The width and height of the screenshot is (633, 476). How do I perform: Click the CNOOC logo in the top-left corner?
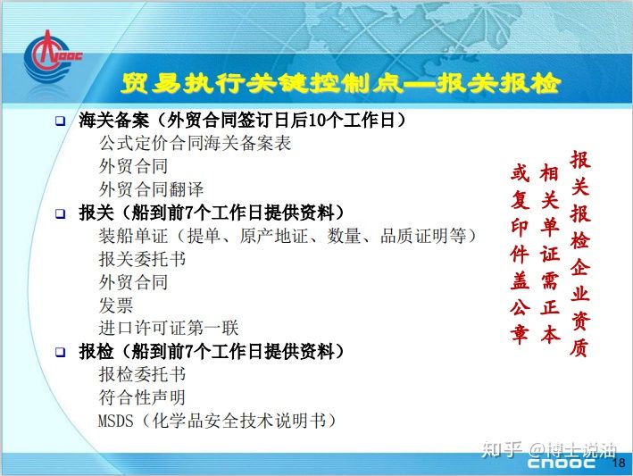(52, 56)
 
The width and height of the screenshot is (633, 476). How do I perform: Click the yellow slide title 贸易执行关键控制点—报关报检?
(341, 84)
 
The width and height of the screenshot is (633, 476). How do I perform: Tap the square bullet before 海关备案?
(60, 121)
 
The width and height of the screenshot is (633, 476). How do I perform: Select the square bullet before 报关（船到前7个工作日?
(60, 213)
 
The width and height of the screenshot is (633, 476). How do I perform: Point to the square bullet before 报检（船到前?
(60, 352)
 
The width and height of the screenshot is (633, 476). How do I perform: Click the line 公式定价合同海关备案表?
(195, 143)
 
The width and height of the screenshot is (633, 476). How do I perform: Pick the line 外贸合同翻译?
(151, 189)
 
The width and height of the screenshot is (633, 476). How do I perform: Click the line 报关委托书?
(142, 259)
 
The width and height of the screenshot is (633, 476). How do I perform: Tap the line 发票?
(116, 305)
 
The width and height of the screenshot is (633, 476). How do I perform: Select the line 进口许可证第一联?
(169, 329)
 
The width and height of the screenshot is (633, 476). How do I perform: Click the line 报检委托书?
(142, 375)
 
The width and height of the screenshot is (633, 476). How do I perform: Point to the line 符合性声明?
(142, 397)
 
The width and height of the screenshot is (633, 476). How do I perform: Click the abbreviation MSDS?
(115, 422)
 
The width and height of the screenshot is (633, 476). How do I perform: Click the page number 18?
(619, 463)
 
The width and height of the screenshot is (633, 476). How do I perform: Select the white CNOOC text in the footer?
(561, 463)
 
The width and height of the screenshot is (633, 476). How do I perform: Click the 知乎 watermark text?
(502, 449)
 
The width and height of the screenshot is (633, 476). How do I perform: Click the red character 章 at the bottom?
(520, 334)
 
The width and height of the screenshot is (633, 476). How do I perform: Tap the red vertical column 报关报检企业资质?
(580, 254)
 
